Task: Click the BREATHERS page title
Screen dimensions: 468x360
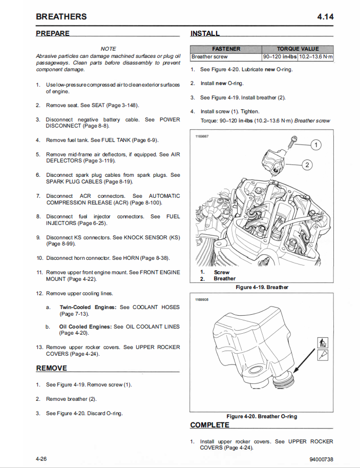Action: [x=61, y=16]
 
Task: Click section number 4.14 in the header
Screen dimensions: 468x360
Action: [x=325, y=16]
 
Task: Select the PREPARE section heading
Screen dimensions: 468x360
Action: [x=53, y=33]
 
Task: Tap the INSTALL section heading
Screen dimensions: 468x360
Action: [x=205, y=34]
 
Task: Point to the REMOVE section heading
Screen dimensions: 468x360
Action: [x=51, y=368]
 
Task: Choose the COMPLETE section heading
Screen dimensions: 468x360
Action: [x=209, y=425]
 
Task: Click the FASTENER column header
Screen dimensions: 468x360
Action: [x=226, y=49]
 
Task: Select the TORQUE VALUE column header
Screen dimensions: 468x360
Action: [x=298, y=49]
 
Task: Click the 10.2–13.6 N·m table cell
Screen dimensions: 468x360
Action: [x=315, y=56]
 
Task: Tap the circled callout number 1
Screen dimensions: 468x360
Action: [x=316, y=145]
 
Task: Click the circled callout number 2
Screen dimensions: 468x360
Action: [x=307, y=165]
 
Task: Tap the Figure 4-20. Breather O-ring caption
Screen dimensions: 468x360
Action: [x=262, y=416]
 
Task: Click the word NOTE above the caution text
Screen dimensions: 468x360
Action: [x=108, y=49]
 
